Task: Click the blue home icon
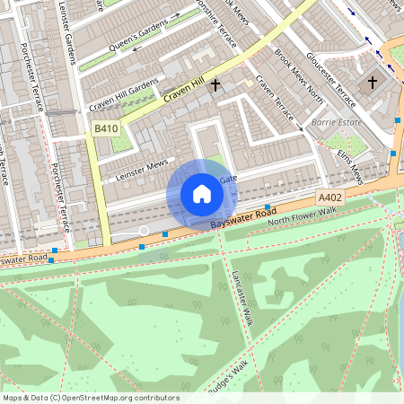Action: (202, 193)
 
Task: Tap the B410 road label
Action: (106, 129)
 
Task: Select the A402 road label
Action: (329, 197)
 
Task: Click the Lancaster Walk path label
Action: (243, 297)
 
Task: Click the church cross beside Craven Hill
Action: (215, 86)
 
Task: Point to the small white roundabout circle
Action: (143, 232)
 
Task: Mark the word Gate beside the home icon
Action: (227, 179)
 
